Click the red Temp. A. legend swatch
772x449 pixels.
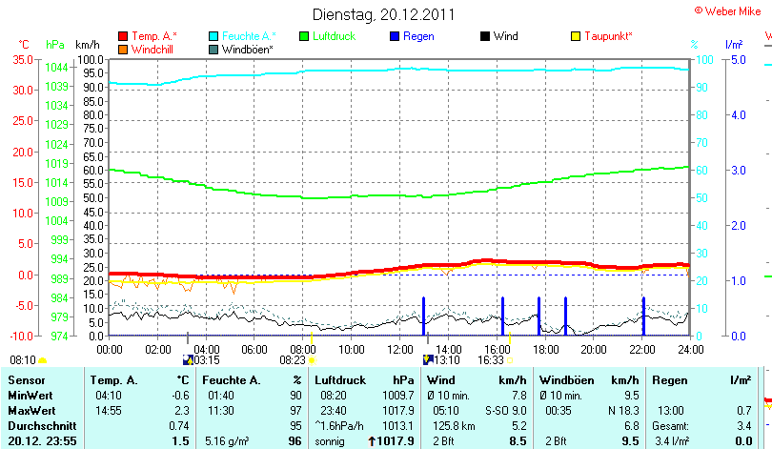(x=123, y=36)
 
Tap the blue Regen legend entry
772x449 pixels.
(x=412, y=36)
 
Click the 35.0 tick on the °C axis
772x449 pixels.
(x=22, y=59)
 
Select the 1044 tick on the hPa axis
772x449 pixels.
(x=56, y=67)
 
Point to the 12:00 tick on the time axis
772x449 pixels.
(x=400, y=349)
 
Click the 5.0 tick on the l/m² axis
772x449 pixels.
(x=737, y=59)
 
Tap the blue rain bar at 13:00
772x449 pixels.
(x=423, y=316)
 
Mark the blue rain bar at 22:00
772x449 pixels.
(x=643, y=316)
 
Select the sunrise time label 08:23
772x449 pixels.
(x=292, y=360)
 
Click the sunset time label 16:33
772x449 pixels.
(x=491, y=360)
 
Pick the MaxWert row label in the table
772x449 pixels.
(x=29, y=410)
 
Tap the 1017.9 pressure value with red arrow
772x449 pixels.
(x=396, y=441)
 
